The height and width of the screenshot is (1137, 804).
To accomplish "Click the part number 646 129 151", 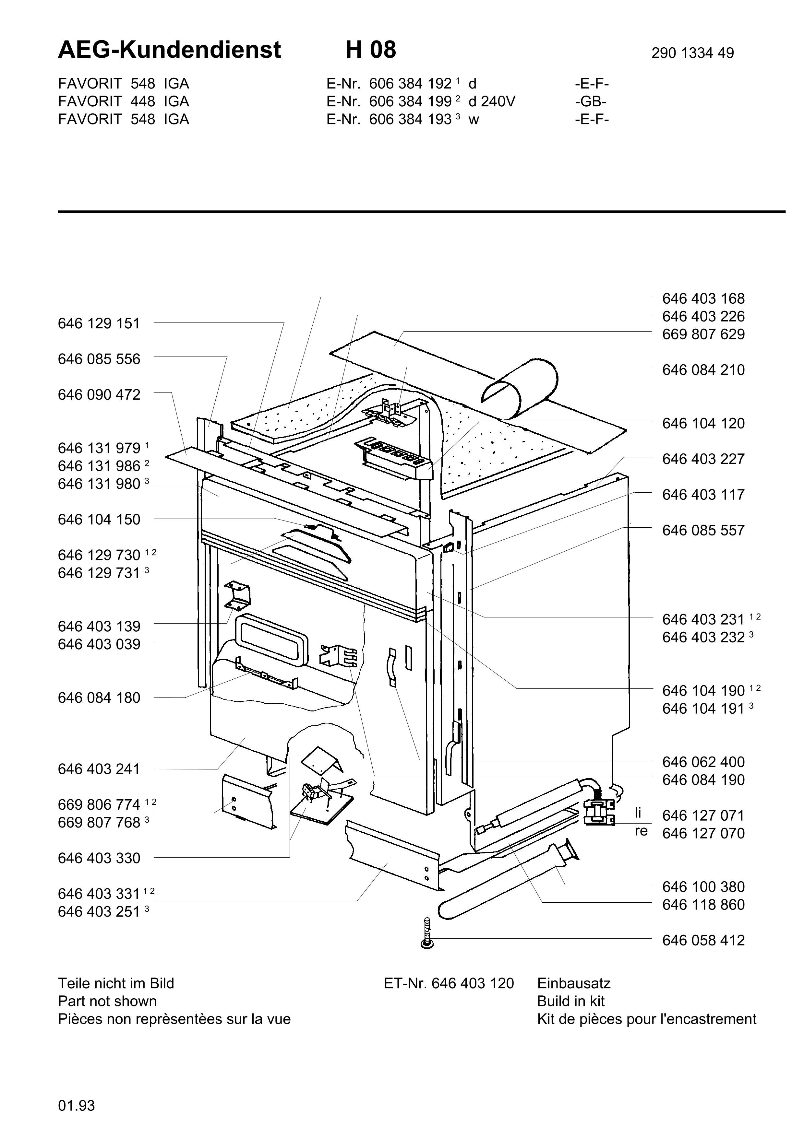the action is pos(99,323).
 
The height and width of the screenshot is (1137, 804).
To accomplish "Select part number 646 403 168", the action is pos(703,299).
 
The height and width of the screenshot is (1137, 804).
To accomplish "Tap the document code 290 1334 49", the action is pos(692,53).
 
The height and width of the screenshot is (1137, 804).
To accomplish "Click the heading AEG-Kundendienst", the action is pos(169,50).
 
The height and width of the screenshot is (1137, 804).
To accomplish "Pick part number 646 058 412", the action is pos(703,940).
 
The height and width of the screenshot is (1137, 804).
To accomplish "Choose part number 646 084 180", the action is pos(99,698).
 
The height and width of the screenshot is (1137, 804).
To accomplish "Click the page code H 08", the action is pos(371,50).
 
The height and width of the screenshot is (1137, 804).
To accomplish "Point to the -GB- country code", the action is pos(591,101).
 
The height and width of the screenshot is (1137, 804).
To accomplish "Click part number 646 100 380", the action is pos(703,887).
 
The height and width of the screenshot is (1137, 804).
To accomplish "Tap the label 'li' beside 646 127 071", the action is pos(638,813).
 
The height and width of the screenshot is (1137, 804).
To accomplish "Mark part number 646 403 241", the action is pos(99,769).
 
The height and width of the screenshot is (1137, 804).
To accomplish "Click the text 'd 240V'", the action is pos(492,101).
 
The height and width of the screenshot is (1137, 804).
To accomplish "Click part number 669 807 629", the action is pos(703,334).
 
